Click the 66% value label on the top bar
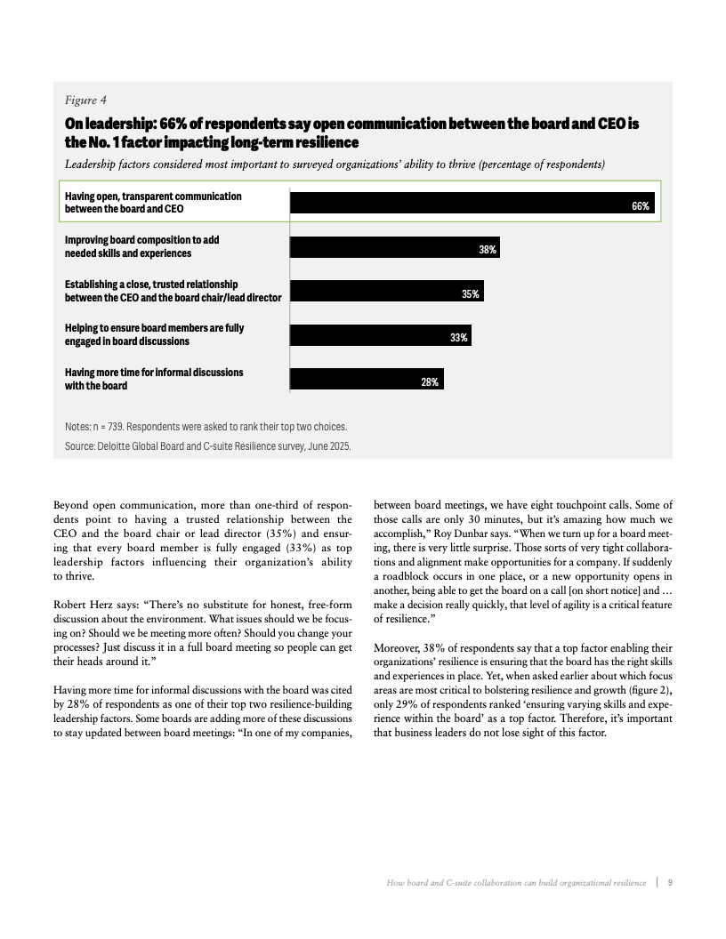point(641,205)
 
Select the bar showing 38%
point(395,249)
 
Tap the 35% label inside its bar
point(471,293)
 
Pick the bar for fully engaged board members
point(381,337)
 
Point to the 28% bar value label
point(430,381)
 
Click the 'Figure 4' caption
point(86,100)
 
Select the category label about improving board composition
point(142,246)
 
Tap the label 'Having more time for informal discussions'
point(154,372)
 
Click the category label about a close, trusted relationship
point(173,290)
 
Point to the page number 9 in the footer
point(669,882)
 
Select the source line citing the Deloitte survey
point(207,446)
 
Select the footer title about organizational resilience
point(516,882)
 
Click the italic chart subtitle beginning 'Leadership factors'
point(335,164)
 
